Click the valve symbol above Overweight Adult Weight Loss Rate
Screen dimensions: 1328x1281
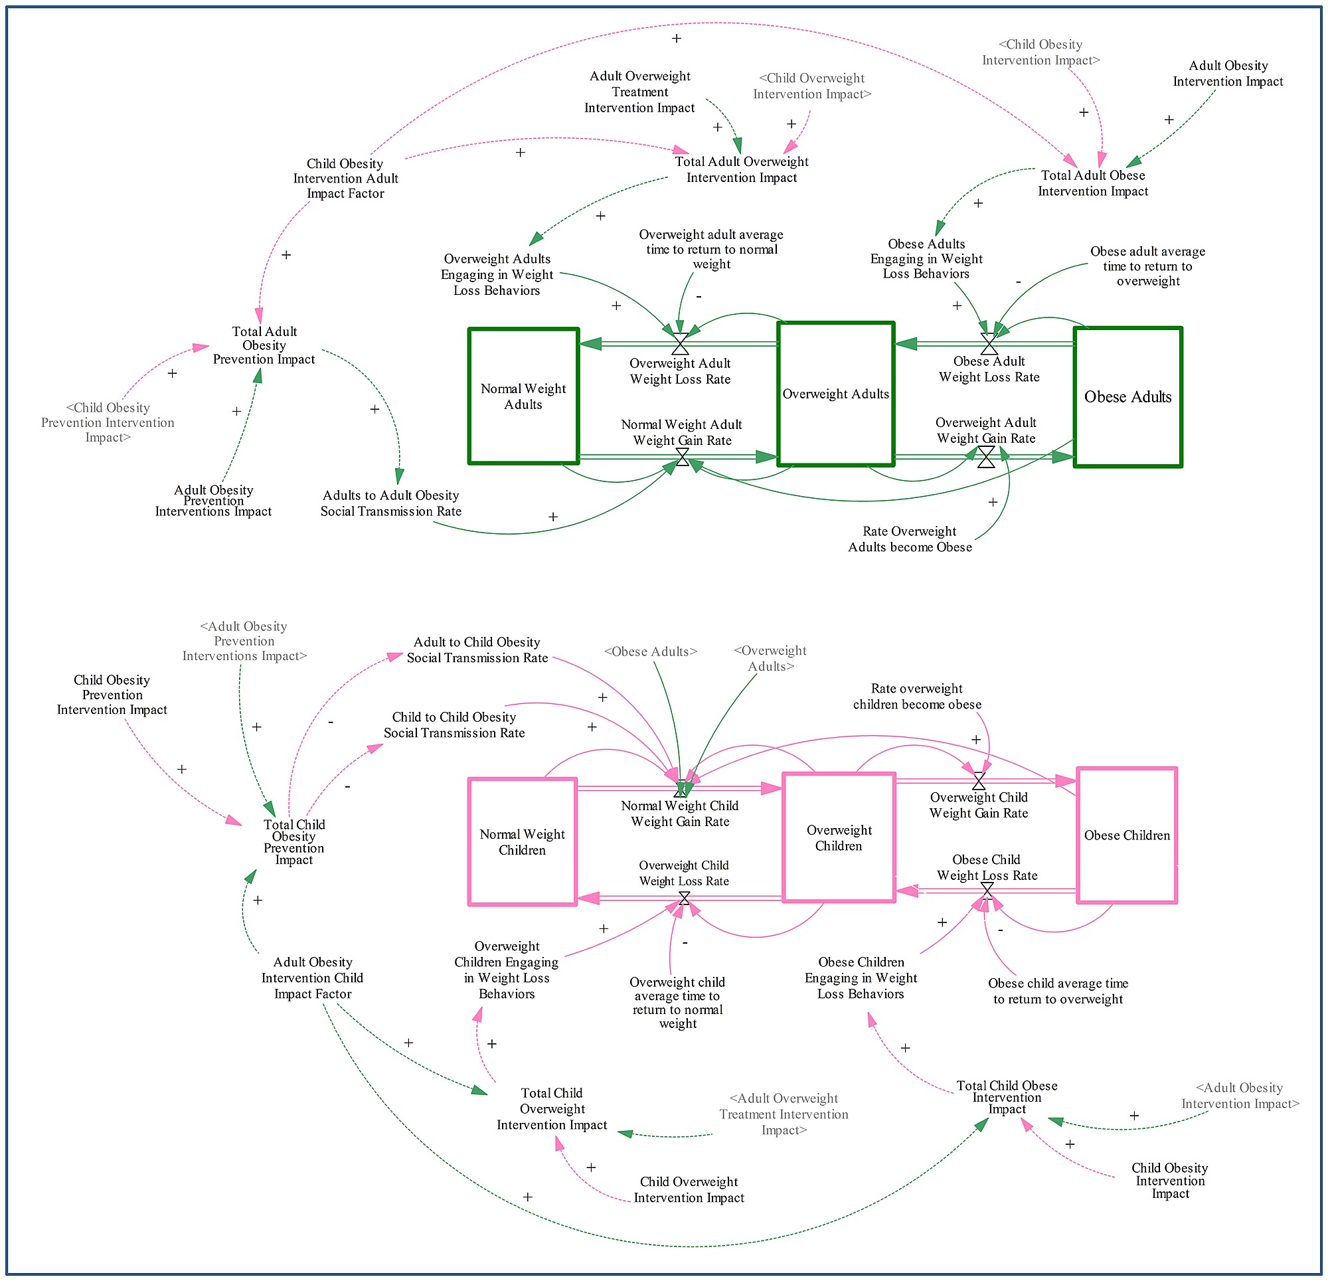[x=680, y=343]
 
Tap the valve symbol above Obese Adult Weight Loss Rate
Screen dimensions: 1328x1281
[x=989, y=343]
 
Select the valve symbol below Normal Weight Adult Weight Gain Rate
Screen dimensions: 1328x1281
[x=683, y=458]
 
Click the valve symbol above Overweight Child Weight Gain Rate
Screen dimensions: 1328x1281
[x=979, y=782]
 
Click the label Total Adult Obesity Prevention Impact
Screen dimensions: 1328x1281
[x=264, y=345]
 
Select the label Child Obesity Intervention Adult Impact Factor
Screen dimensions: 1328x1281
[x=345, y=178]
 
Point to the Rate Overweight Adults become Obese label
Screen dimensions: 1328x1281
[x=910, y=539]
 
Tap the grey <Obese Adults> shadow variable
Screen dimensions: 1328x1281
[x=651, y=651]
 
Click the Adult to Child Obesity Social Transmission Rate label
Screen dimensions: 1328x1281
[x=477, y=649]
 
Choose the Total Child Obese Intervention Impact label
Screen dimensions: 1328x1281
[x=1007, y=1096]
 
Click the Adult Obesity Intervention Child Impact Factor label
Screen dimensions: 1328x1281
[x=312, y=978]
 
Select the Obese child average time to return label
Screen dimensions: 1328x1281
[x=1058, y=991]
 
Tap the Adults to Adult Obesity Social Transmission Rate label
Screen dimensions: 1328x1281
[x=391, y=503]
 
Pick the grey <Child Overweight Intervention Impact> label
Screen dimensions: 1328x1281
[x=811, y=86]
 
